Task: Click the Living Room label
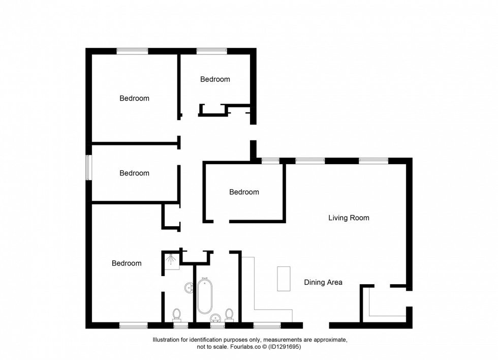point(349,218)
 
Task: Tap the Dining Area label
point(323,282)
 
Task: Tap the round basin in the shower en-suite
point(189,288)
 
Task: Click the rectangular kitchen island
point(284,279)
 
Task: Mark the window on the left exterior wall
point(88,167)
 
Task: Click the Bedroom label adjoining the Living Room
point(244,192)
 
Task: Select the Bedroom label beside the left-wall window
point(134,173)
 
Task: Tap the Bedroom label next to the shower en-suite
point(127,263)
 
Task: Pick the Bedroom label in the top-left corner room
point(134,98)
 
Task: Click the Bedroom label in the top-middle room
point(215,79)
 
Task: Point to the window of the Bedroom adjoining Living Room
point(270,161)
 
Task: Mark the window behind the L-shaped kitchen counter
point(267,325)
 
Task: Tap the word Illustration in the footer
point(168,340)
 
